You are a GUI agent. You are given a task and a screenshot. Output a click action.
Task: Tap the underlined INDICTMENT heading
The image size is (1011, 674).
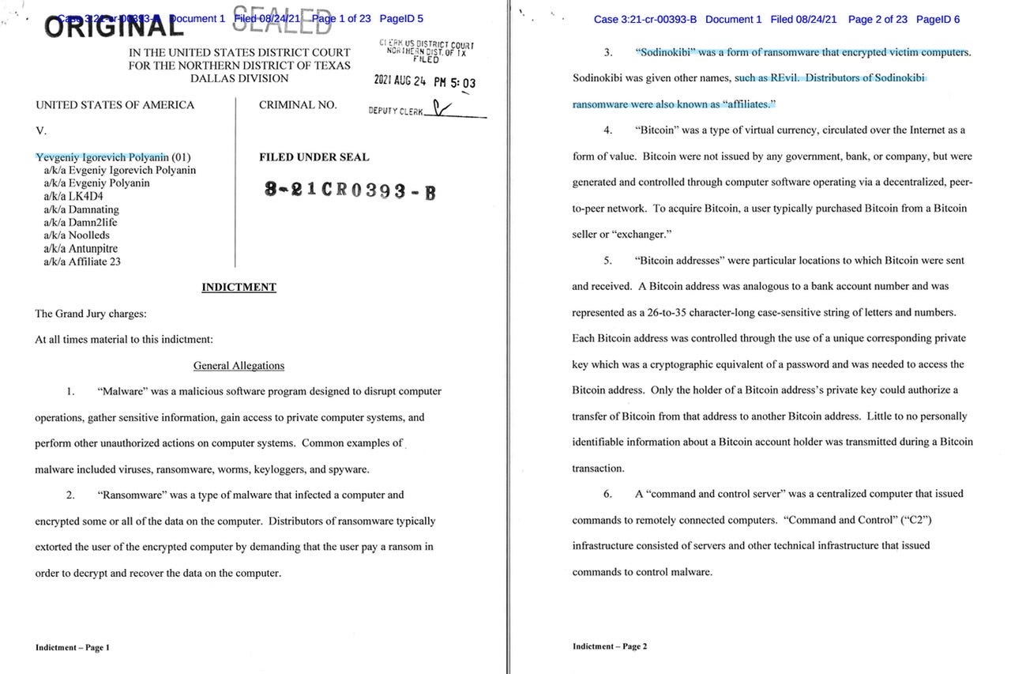coord(239,287)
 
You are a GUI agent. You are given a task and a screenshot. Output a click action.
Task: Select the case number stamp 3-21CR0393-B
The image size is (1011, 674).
coord(350,190)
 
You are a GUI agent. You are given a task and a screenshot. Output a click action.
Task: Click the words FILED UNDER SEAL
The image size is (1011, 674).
coord(314,157)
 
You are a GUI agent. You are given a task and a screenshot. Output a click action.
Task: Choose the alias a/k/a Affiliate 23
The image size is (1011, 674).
coord(82,262)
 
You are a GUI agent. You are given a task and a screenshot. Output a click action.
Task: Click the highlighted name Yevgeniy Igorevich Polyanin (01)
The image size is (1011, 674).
coord(113,157)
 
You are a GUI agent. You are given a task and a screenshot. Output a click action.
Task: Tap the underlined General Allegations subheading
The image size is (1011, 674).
coord(239,365)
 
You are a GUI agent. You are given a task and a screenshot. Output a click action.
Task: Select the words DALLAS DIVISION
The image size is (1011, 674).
coord(239,79)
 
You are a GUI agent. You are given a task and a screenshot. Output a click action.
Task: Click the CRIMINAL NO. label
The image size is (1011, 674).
coord(298,105)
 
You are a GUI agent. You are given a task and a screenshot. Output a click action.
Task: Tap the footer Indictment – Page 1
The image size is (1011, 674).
coord(73,647)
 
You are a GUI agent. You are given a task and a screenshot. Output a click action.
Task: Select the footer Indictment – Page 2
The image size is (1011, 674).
coord(610,646)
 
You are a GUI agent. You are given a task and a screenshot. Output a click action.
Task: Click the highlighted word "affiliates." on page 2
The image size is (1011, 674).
coord(749,104)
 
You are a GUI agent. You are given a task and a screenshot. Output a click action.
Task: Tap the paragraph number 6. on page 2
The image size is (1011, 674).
coord(607,494)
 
